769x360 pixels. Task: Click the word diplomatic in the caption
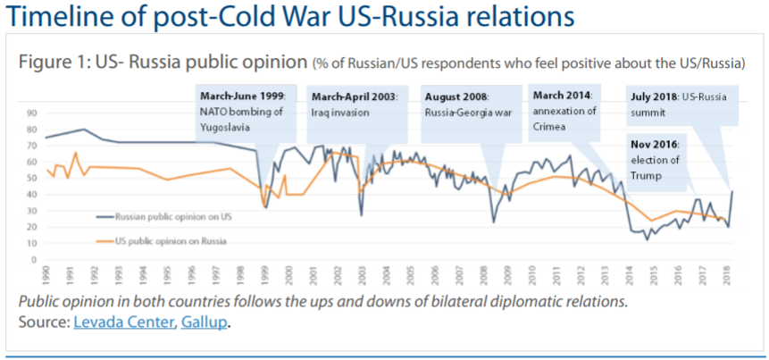(x=518, y=301)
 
